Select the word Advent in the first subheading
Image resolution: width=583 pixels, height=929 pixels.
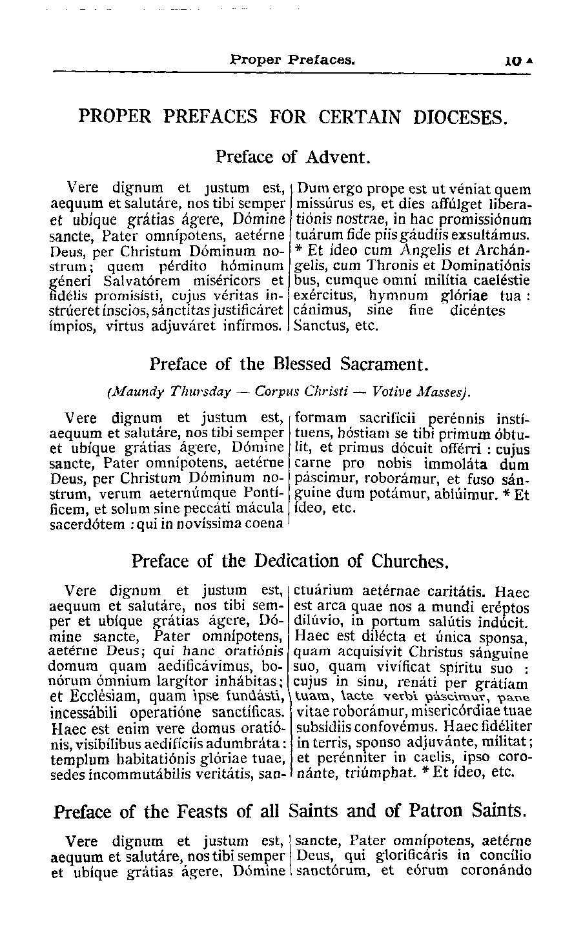337,157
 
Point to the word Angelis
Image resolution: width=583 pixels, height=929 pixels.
420,250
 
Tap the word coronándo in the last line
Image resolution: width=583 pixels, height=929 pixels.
496,871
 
